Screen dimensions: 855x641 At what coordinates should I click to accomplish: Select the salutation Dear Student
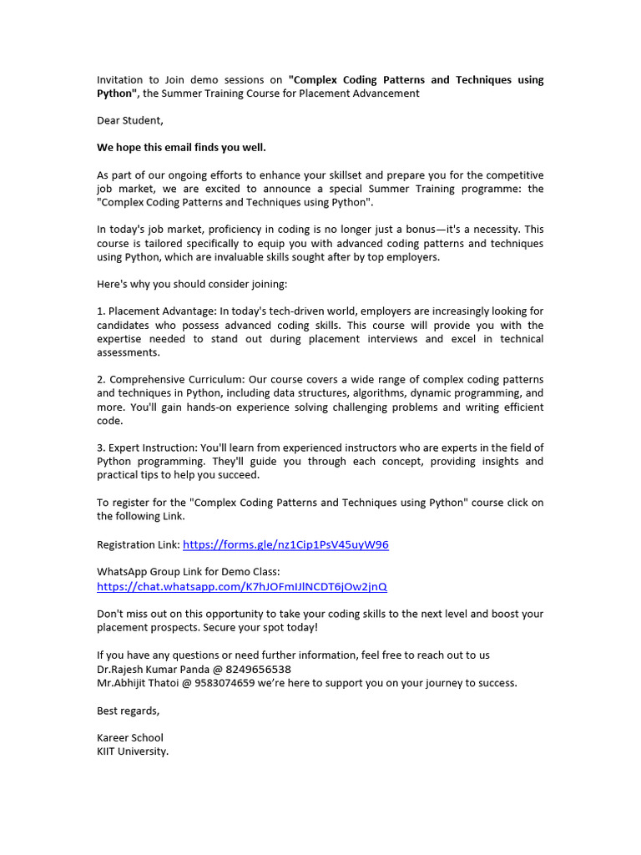tap(130, 121)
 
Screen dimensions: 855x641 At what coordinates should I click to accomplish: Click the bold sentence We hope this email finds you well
tap(181, 148)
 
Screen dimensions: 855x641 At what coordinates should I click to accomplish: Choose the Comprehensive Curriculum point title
tap(174, 380)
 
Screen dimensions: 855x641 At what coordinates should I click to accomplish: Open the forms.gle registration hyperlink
tap(285, 545)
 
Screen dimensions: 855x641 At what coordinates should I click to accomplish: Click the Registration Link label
tap(138, 545)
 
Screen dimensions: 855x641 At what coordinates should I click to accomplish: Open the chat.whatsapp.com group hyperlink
tap(242, 587)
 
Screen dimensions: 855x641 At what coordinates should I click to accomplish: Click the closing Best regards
tap(128, 711)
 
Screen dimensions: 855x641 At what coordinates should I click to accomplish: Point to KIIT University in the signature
tap(133, 751)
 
